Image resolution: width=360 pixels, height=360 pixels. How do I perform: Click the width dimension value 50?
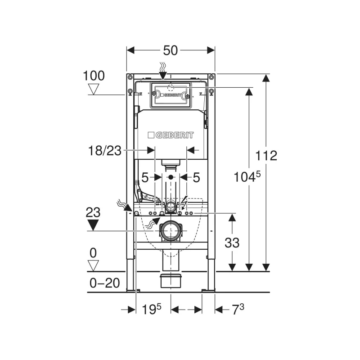171,50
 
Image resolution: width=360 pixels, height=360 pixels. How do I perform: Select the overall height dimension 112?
266,156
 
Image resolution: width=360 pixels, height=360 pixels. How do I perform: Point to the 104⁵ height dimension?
247,177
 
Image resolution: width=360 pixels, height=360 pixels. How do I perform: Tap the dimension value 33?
232,243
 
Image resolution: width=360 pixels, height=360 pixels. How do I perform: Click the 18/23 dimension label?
105,151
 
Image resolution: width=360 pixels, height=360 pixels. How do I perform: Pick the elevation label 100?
94,76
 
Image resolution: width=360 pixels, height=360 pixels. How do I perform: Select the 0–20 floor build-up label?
105,283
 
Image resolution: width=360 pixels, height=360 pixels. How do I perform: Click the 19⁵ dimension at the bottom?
152,309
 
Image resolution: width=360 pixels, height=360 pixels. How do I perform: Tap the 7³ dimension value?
238,309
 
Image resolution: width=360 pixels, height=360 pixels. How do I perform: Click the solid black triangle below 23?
93,225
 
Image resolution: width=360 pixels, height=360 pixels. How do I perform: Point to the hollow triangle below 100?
94,89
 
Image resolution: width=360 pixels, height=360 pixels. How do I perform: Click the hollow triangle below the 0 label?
93,265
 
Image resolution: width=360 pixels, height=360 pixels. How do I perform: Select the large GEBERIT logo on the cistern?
171,135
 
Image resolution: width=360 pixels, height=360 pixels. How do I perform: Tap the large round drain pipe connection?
171,231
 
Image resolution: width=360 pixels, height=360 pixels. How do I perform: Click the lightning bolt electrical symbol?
184,202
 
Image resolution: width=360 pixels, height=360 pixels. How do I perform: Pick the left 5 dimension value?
145,177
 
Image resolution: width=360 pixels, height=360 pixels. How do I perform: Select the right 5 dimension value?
196,177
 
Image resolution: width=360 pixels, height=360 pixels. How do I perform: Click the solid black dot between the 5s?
171,177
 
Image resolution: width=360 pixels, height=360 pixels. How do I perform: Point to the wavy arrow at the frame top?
163,71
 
